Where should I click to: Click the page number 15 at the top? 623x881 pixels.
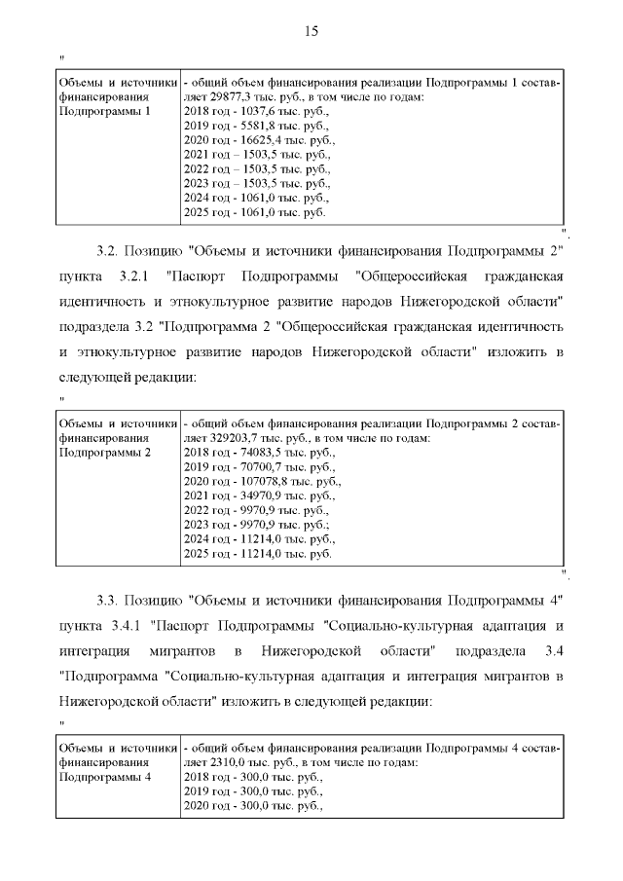(311, 31)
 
